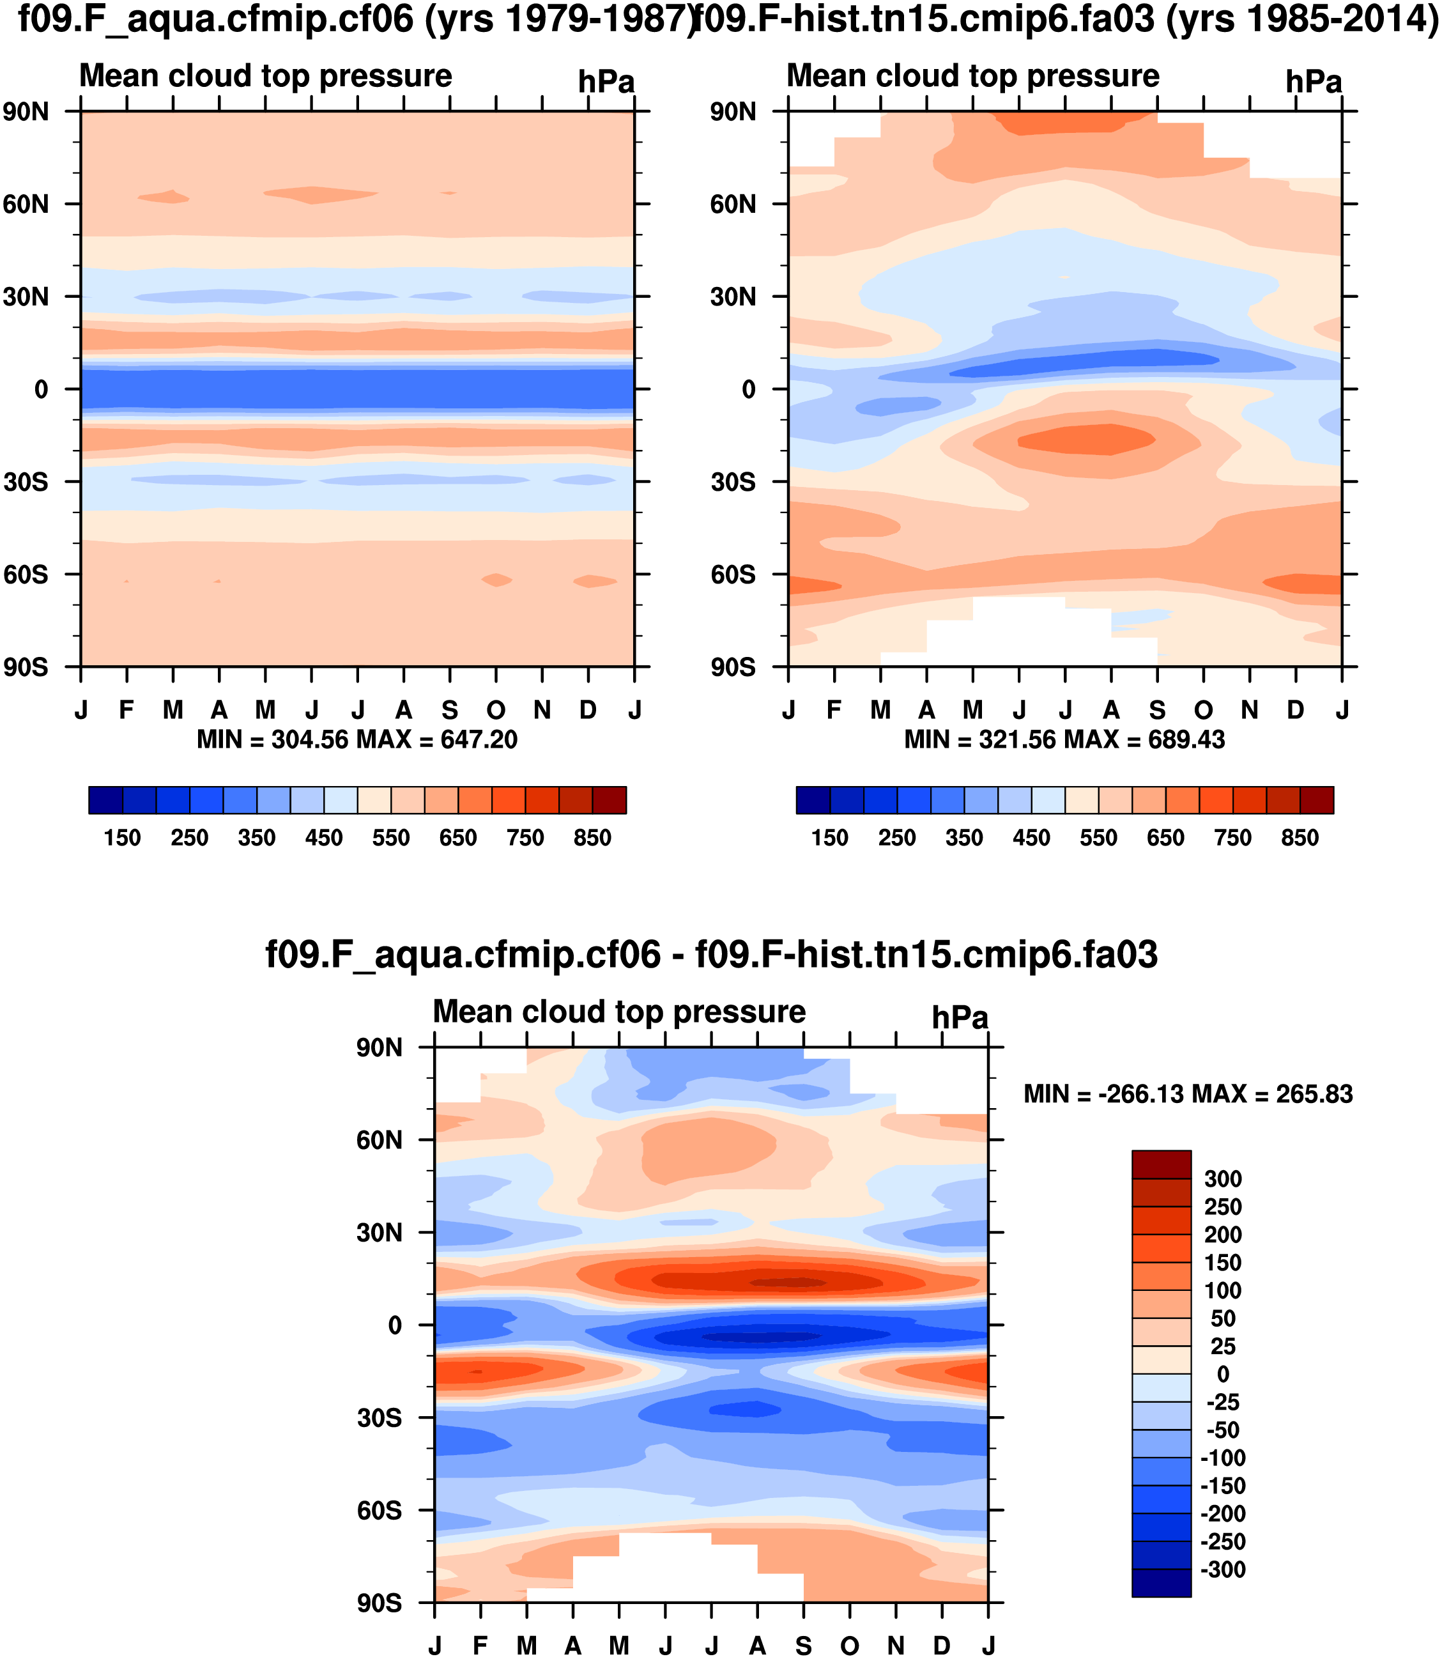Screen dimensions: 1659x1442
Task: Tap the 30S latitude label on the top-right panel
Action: point(733,482)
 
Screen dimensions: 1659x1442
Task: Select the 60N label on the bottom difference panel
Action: point(379,1141)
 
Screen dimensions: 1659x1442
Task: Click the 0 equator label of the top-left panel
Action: point(41,390)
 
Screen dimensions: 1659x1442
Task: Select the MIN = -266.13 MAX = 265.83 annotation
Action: point(1188,1094)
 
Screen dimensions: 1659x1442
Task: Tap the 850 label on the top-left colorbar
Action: point(592,838)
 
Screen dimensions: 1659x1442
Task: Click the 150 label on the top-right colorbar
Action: point(830,838)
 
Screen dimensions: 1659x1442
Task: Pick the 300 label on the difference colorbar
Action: point(1222,1179)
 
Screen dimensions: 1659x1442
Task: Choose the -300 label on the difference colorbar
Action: point(1222,1570)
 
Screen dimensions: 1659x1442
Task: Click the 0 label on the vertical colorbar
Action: point(1222,1374)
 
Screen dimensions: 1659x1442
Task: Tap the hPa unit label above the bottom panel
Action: point(960,1018)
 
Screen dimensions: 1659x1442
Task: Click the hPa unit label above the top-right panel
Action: point(1313,82)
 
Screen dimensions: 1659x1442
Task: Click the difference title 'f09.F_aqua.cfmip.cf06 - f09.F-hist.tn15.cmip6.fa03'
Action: point(711,955)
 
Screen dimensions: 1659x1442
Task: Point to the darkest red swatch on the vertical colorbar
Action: point(1161,1165)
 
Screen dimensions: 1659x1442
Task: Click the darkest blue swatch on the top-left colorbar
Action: point(105,800)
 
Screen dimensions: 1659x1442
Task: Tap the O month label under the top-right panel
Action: point(1203,710)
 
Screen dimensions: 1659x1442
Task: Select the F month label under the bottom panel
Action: point(480,1646)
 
